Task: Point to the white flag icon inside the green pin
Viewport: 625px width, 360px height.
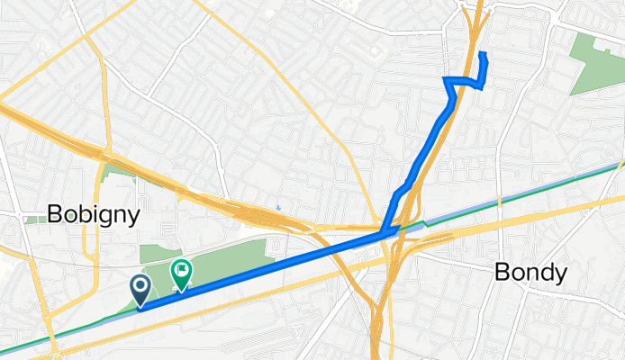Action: pyautogui.click(x=181, y=268)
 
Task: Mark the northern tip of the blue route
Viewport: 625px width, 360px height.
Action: pyautogui.click(x=483, y=55)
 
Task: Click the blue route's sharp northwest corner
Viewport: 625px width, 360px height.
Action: pyautogui.click(x=446, y=81)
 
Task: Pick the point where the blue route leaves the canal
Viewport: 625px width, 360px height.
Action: pyautogui.click(x=385, y=233)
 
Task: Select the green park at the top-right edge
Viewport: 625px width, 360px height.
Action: pyautogui.click(x=596, y=62)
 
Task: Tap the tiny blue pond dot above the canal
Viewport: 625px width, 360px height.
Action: pyautogui.click(x=278, y=208)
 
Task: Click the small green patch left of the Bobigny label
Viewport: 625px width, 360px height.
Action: pyautogui.click(x=35, y=219)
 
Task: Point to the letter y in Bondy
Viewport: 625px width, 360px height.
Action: pyautogui.click(x=561, y=274)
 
